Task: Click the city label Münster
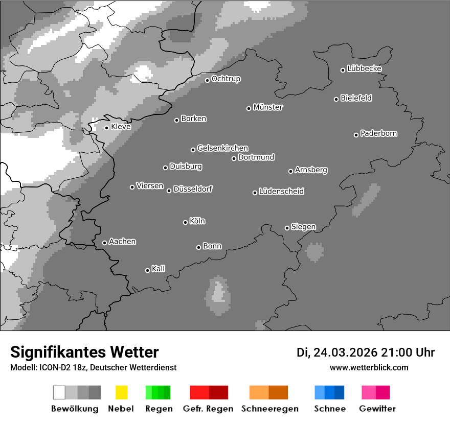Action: (x=268, y=107)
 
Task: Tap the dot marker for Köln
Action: (x=185, y=222)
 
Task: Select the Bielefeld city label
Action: (x=356, y=98)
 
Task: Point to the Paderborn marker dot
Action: (x=356, y=135)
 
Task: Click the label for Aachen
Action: (x=122, y=242)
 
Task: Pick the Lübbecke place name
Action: (x=364, y=68)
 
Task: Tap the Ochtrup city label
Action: (x=226, y=79)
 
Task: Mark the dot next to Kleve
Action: (x=106, y=128)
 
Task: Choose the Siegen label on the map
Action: (x=303, y=227)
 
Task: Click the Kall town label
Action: (x=159, y=269)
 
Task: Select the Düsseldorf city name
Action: (x=193, y=189)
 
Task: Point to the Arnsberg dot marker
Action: (x=290, y=171)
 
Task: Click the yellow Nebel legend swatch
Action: (x=121, y=392)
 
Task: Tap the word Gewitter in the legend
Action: (x=377, y=409)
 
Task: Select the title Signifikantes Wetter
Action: (x=84, y=352)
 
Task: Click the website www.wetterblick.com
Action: (x=369, y=367)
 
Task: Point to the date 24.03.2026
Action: (x=345, y=352)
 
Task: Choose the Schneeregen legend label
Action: (x=269, y=409)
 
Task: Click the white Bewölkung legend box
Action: (x=59, y=392)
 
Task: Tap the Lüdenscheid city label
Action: (x=281, y=192)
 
